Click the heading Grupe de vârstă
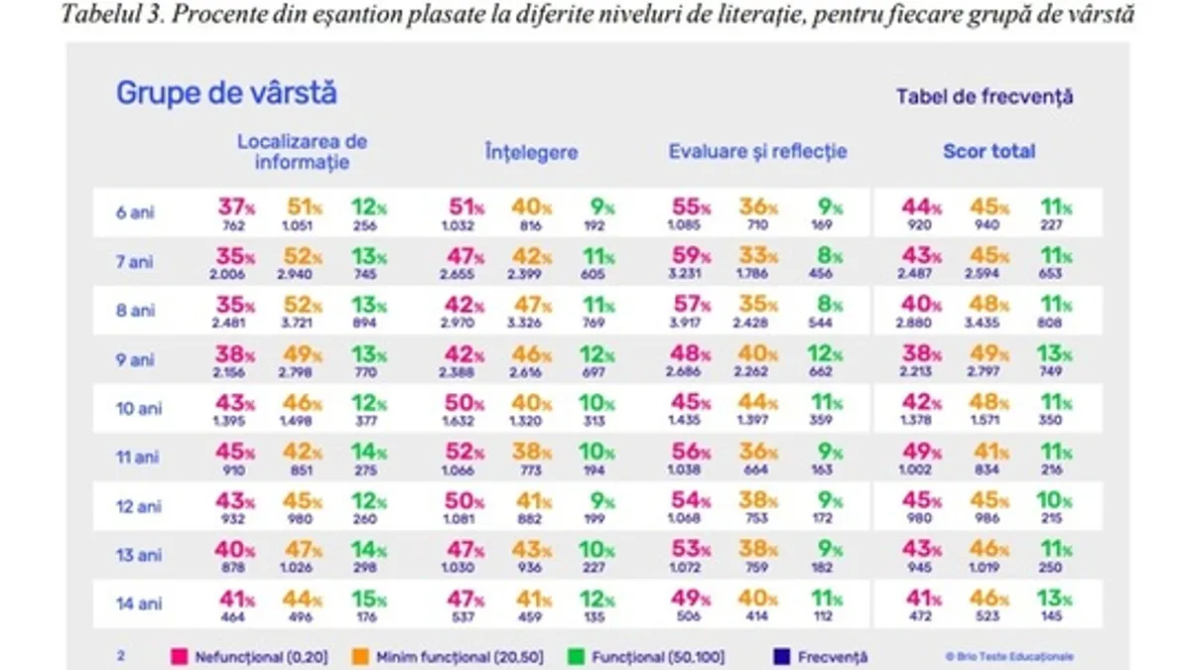pos(226,93)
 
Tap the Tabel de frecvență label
pos(984,97)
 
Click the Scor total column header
pos(989,152)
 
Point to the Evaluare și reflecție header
pos(757,152)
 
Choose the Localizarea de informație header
pos(302,152)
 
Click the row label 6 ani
pos(135,212)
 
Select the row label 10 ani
pos(139,409)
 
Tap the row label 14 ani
pos(139,603)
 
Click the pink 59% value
pos(690,255)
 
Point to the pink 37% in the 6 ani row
pos(236,206)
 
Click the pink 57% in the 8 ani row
pos(690,305)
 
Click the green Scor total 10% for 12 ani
pos(1055,500)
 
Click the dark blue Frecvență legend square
pos(780,656)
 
